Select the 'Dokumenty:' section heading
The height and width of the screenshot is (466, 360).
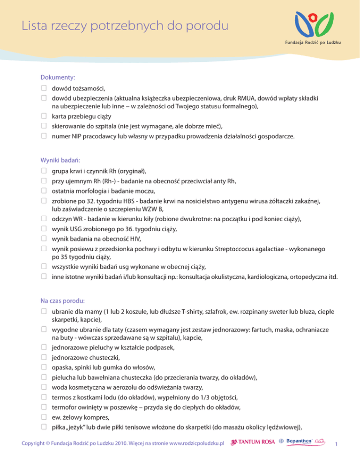59,76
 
